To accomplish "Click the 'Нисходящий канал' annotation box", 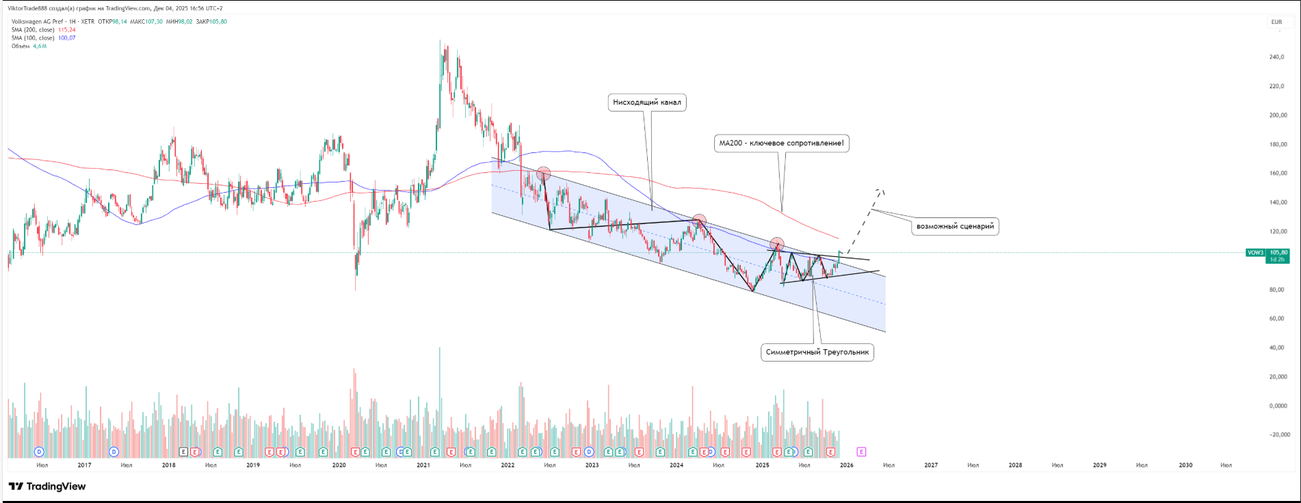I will point(646,103).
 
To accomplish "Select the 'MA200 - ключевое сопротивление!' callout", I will point(781,144).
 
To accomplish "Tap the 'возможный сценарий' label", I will point(955,226).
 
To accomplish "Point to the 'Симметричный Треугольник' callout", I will point(817,353).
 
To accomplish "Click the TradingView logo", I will point(47,487).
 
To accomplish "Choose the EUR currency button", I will point(1276,22).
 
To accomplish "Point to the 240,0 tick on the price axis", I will point(1276,57).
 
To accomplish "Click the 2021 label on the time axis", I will point(423,465).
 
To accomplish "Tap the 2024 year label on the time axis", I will point(676,465).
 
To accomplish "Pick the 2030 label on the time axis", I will point(1185,465).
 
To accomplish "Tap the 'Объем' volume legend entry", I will point(21,46).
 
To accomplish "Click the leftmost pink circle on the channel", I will point(543,174).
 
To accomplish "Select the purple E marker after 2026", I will point(861,452).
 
